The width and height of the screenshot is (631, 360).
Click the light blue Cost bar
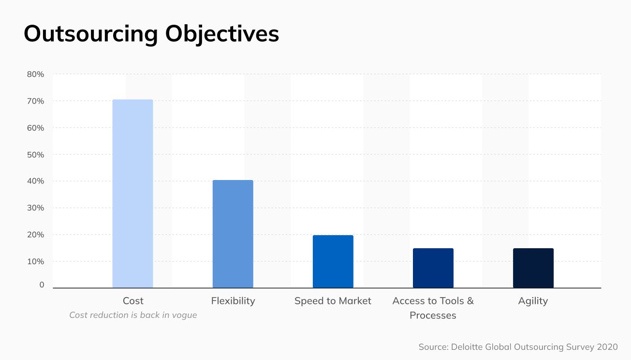[x=132, y=194]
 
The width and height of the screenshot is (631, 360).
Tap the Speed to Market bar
[x=333, y=261]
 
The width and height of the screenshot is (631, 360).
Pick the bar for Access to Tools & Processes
[x=433, y=268]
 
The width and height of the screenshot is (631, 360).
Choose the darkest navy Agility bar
[x=533, y=268]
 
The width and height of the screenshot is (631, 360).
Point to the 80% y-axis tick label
[x=35, y=75]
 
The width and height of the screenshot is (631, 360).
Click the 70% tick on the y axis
[x=35, y=101]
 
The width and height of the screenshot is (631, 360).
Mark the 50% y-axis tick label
[x=35, y=155]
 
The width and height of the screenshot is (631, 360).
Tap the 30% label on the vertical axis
[x=35, y=208]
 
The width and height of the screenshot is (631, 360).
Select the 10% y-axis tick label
[x=35, y=261]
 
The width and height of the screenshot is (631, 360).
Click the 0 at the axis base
[x=42, y=285]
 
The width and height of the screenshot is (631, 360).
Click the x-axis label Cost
[x=133, y=301]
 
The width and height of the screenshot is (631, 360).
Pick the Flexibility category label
[x=233, y=301]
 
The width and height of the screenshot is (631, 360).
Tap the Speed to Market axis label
[x=333, y=301]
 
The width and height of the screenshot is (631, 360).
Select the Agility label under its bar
[x=533, y=301]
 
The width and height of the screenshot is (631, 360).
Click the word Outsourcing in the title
[x=91, y=34]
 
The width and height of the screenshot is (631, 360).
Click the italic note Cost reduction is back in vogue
[x=133, y=315]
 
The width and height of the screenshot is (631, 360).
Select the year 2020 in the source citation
[x=607, y=347]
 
